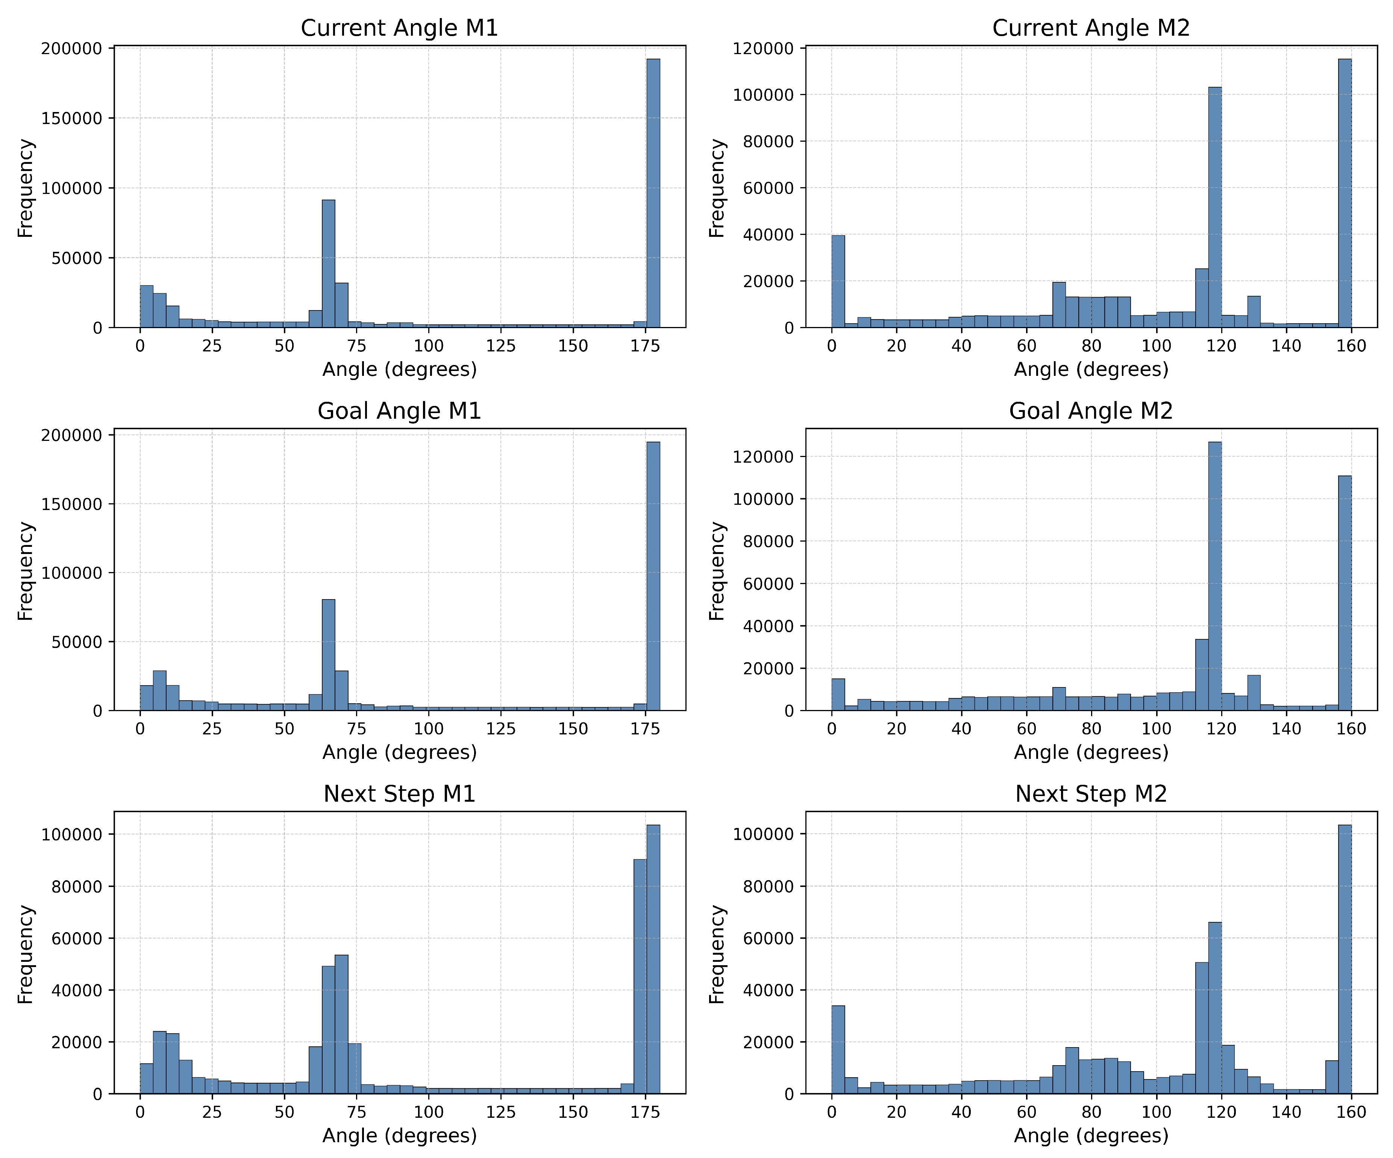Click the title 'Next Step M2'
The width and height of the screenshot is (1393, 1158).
click(x=1090, y=794)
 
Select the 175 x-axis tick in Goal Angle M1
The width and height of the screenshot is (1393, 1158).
click(x=645, y=729)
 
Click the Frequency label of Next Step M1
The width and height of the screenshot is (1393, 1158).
click(x=25, y=954)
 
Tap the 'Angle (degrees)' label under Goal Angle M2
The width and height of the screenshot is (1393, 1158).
click(x=1090, y=752)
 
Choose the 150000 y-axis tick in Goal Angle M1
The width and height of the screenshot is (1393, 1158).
click(x=72, y=504)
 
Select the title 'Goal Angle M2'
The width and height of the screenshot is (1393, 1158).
click(x=1090, y=411)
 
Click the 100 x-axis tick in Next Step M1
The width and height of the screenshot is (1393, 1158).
click(x=429, y=1112)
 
